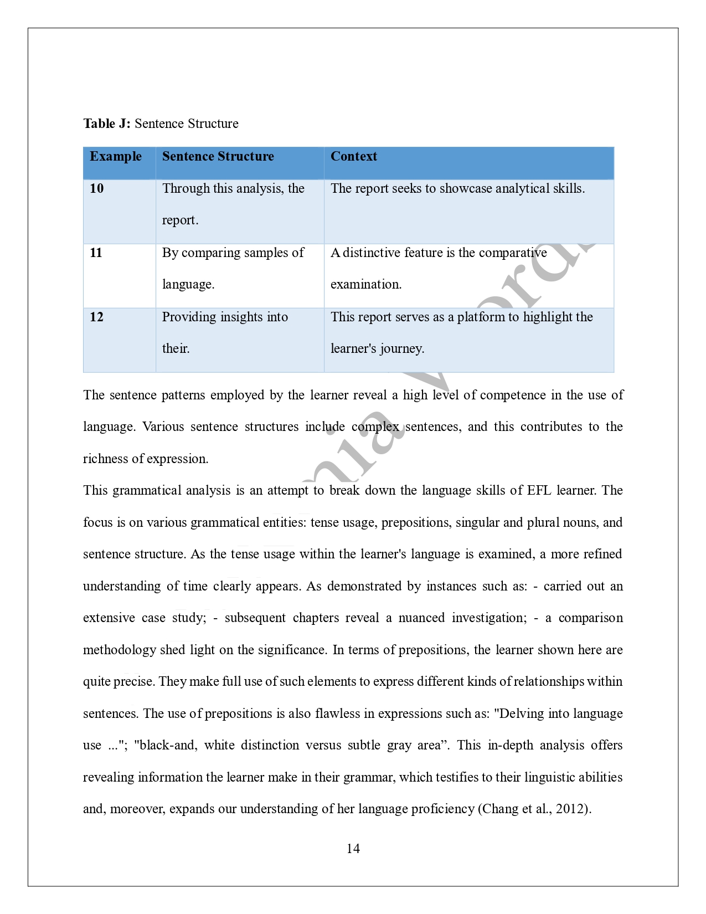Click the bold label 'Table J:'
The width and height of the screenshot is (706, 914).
[107, 124]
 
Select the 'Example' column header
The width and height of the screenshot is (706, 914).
[116, 157]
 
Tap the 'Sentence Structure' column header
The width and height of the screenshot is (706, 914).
[218, 157]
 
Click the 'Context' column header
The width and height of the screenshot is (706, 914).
[353, 157]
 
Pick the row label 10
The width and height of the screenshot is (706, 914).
[96, 189]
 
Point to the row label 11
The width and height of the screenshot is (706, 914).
[96, 253]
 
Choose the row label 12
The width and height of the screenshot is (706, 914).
[96, 317]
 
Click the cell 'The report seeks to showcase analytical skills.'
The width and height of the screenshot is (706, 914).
[457, 189]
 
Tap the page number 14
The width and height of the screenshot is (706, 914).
[353, 849]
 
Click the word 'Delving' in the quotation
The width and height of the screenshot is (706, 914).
[521, 714]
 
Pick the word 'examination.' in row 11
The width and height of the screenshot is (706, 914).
[366, 285]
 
